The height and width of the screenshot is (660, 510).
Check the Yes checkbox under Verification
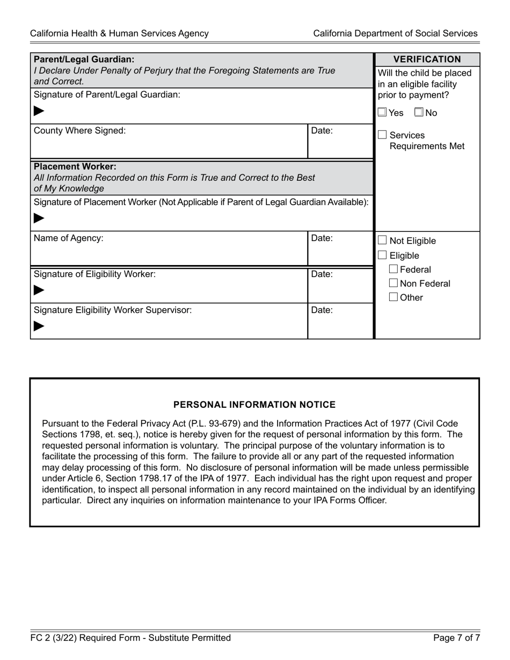pyautogui.click(x=382, y=113)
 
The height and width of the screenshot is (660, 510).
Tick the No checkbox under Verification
pyautogui.click(x=419, y=113)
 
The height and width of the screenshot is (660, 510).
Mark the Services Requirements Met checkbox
pyautogui.click(x=383, y=135)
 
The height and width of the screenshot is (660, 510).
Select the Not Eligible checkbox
pyautogui.click(x=383, y=240)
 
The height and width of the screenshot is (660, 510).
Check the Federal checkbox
pyautogui.click(x=394, y=269)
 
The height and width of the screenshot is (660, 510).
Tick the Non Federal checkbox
pyautogui.click(x=394, y=283)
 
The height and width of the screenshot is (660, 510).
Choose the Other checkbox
pyautogui.click(x=394, y=297)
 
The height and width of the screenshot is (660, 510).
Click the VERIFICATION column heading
pyautogui.click(x=427, y=60)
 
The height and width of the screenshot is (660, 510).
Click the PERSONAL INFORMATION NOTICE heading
pyautogui.click(x=254, y=405)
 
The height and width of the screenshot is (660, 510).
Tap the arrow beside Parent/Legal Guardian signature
pyautogui.click(x=39, y=112)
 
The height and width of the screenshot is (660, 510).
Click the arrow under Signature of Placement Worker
pyautogui.click(x=39, y=218)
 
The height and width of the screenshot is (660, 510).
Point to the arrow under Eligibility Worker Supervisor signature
pyautogui.click(x=39, y=326)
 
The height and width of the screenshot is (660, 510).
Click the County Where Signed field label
pyautogui.click(x=79, y=130)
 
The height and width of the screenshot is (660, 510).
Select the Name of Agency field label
pyautogui.click(x=68, y=238)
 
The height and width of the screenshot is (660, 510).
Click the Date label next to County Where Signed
pyautogui.click(x=322, y=130)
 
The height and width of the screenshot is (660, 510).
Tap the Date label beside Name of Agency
pyautogui.click(x=322, y=238)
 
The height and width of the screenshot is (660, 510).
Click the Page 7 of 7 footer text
pyautogui.click(x=456, y=638)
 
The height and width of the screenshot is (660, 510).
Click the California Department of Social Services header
pyautogui.click(x=395, y=33)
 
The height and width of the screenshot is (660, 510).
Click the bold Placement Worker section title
pyautogui.click(x=75, y=166)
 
